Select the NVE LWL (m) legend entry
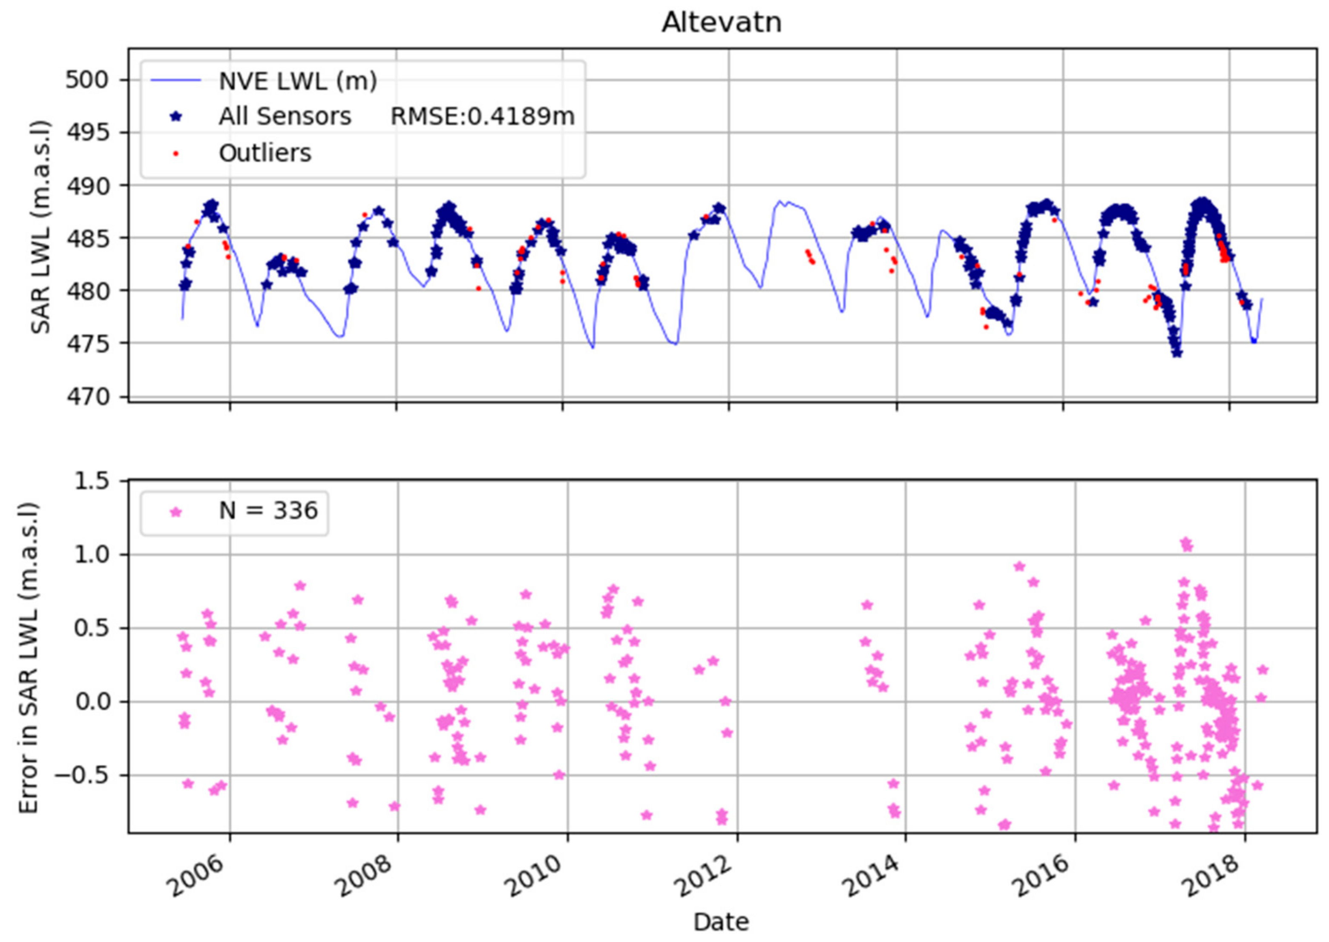297,81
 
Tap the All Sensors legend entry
284,117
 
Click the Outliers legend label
265,153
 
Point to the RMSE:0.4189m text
483,117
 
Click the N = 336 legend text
268,511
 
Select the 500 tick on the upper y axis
87,80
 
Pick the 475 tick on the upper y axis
87,343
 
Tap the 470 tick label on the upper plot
87,397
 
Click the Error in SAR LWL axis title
28,658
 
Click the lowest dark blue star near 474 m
1177,352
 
